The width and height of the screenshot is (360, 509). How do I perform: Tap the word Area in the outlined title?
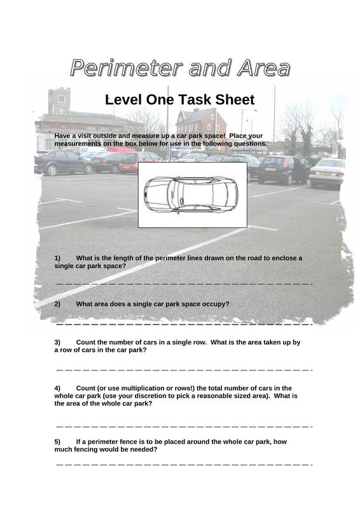[x=263, y=68]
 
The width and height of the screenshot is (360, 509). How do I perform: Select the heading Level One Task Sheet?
[x=180, y=99]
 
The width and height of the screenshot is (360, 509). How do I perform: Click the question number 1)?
[x=57, y=258]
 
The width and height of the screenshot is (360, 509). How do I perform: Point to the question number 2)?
[x=57, y=304]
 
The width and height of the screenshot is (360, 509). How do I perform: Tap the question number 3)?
[x=57, y=342]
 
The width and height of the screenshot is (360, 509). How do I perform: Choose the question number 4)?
[x=57, y=388]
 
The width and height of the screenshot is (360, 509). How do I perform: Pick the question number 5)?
[x=57, y=442]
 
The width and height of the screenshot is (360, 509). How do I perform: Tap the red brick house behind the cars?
[x=201, y=124]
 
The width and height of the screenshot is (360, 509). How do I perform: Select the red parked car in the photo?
[x=139, y=162]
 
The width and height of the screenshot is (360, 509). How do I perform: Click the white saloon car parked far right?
[x=327, y=172]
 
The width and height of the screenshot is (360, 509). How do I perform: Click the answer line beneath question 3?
[x=184, y=370]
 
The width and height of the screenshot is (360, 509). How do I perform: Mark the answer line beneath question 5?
[x=184, y=465]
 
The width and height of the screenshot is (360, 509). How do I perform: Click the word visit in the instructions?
[x=84, y=136]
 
